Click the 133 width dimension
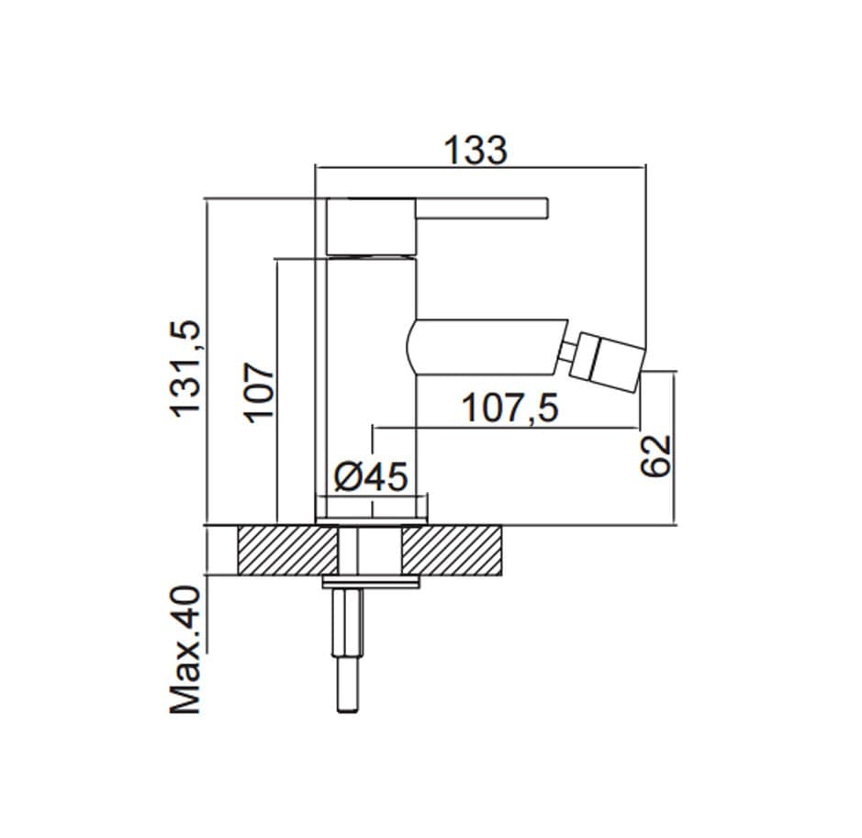476,150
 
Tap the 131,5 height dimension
185,369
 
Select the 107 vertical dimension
259,392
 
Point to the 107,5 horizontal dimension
510,408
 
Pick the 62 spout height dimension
655,455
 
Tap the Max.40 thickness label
185,651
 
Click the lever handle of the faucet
482,207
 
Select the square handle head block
371,227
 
